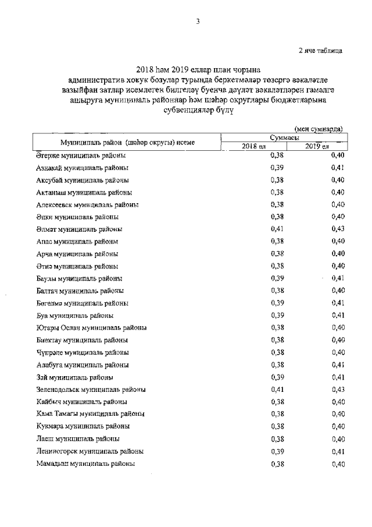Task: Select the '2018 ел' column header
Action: point(253,146)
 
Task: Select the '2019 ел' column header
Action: point(317,146)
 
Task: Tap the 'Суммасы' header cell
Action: point(285,136)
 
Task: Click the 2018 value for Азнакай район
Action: point(277,168)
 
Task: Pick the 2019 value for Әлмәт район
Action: point(338,229)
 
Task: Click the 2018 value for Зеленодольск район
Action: point(277,390)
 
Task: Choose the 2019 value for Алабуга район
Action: point(338,365)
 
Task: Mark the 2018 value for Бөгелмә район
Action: point(277,303)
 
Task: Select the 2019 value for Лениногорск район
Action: point(338,451)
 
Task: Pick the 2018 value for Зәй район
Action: point(277,377)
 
